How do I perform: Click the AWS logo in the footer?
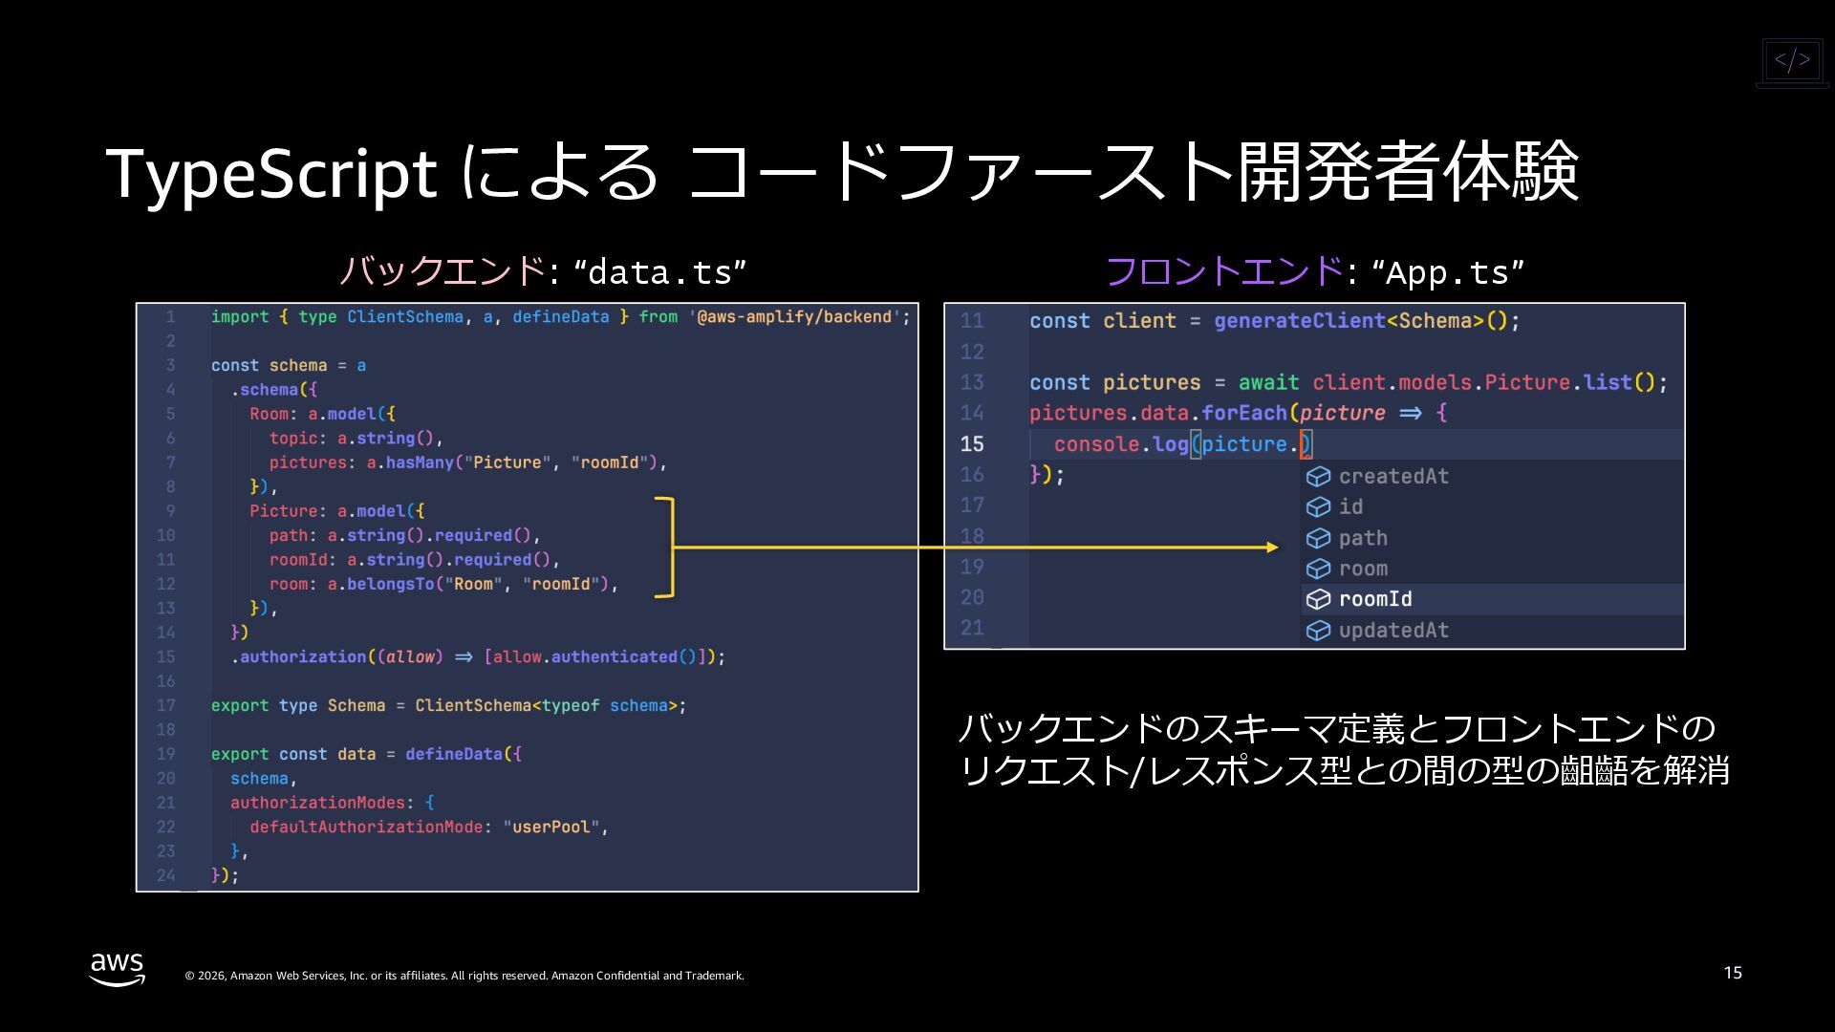[x=118, y=968]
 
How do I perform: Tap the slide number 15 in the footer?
[x=1733, y=973]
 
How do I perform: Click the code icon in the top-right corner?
[x=1792, y=61]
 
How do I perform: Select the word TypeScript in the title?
[x=271, y=173]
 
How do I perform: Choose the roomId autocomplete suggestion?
[x=1375, y=599]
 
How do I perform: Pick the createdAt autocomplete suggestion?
[x=1393, y=476]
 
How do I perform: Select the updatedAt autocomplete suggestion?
[x=1393, y=630]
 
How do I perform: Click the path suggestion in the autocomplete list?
[x=1363, y=538]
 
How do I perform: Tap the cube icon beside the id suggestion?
[x=1319, y=506]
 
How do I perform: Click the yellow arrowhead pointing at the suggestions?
[x=1272, y=548]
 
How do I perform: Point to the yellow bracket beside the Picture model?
[x=667, y=548]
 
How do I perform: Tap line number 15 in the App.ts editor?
[x=972, y=444]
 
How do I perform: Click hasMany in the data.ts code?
[x=420, y=462]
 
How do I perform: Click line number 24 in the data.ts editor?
[x=166, y=875]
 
